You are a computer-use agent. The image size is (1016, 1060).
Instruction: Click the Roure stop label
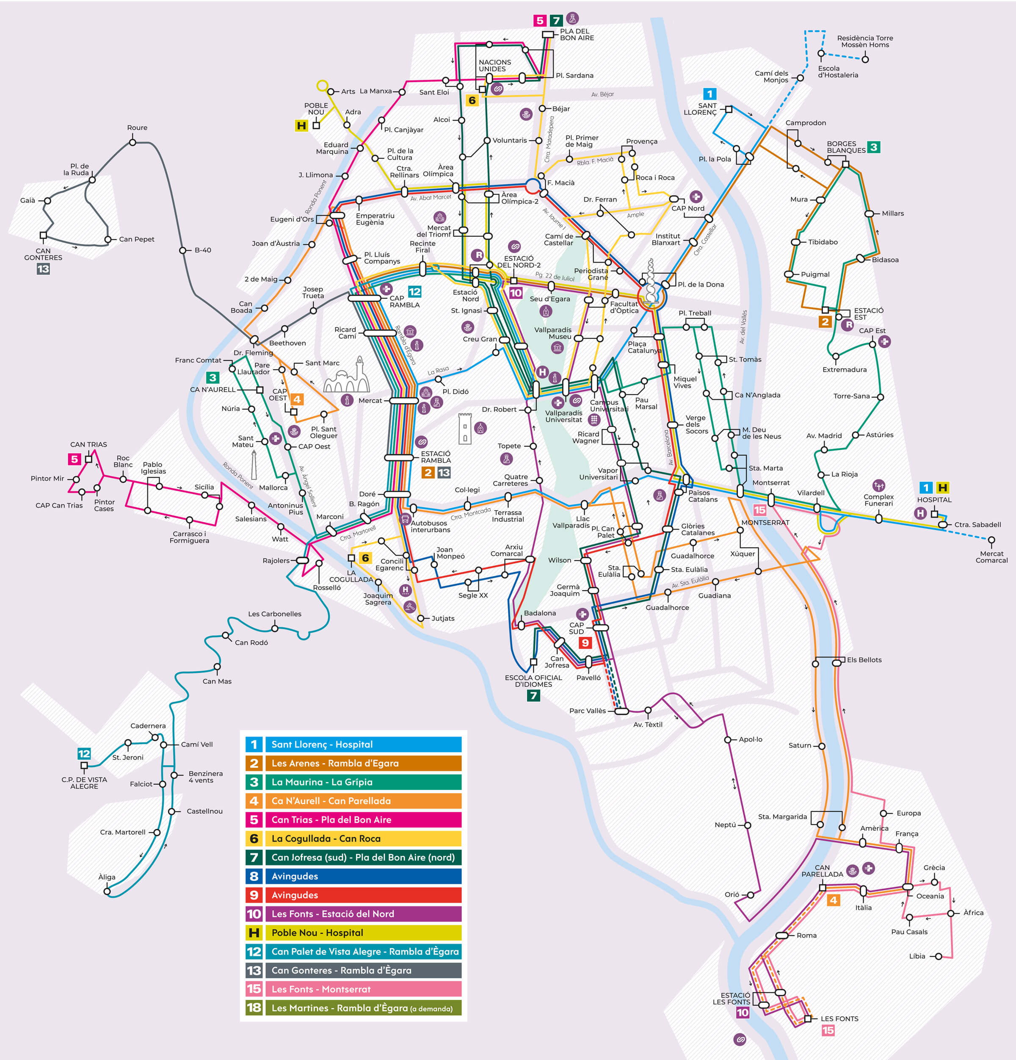(x=137, y=127)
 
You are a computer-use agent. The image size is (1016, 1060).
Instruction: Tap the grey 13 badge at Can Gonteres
(x=43, y=269)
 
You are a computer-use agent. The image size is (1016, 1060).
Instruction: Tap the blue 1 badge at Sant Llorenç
(x=710, y=94)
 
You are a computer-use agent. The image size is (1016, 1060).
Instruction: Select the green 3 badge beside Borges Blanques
(x=873, y=147)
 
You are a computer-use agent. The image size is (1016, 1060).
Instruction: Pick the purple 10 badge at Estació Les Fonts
(x=743, y=1013)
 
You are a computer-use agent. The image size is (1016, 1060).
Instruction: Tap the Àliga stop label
(x=107, y=877)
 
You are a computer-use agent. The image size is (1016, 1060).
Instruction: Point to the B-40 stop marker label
(x=203, y=250)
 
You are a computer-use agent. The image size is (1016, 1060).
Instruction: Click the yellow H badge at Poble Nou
(x=301, y=125)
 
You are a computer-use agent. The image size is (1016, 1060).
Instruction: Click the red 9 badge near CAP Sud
(x=585, y=642)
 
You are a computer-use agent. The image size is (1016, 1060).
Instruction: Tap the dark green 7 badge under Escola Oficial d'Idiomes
(x=533, y=695)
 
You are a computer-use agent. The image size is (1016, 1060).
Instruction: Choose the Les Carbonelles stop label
(x=275, y=614)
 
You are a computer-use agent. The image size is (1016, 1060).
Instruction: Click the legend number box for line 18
(x=254, y=1008)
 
